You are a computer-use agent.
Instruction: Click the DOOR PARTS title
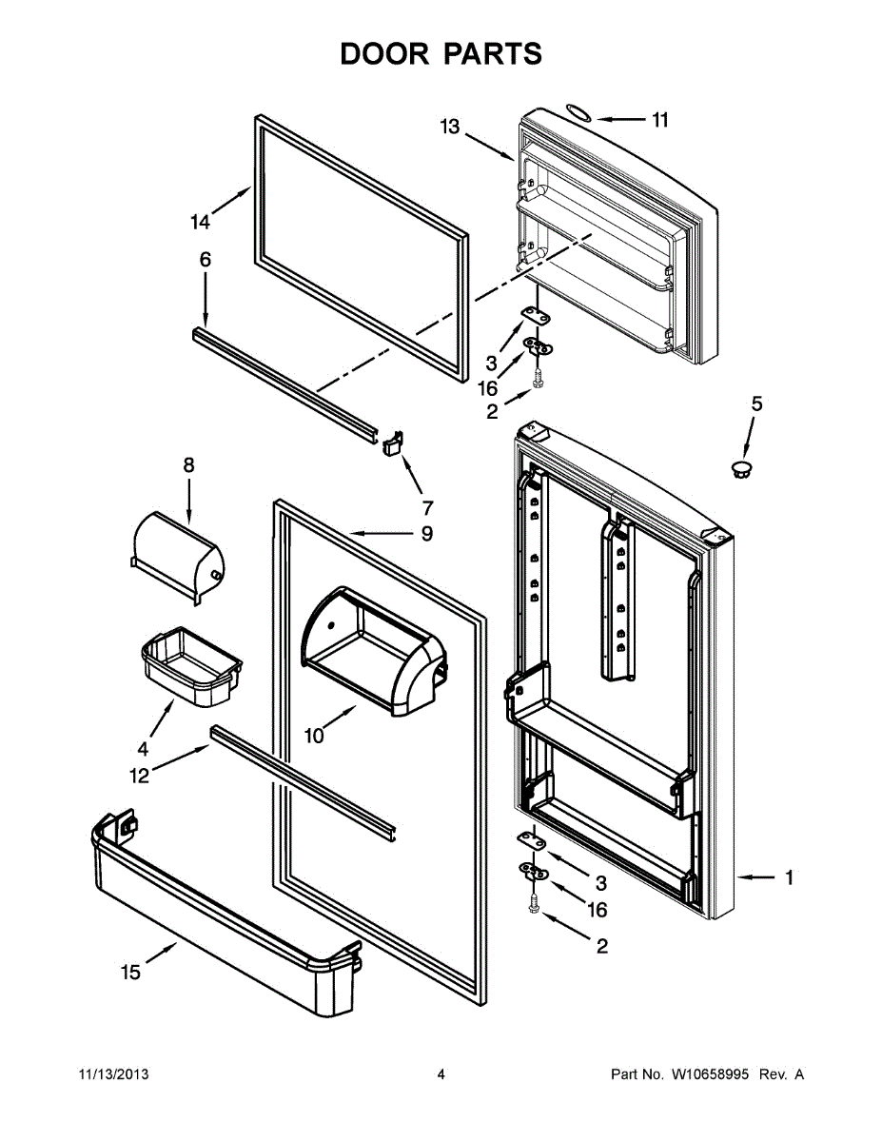(x=441, y=54)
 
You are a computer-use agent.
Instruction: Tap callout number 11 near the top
(x=659, y=120)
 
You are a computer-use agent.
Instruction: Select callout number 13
(x=450, y=127)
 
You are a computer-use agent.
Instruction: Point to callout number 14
(x=200, y=223)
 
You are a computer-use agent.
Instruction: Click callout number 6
(x=205, y=260)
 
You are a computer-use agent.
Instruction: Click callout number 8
(x=188, y=465)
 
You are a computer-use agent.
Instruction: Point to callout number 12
(x=140, y=776)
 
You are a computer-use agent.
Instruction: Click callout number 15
(x=130, y=972)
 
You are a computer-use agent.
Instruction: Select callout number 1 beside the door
(x=789, y=878)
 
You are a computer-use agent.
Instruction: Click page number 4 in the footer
(x=441, y=1074)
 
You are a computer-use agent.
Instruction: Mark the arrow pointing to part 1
(x=756, y=878)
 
